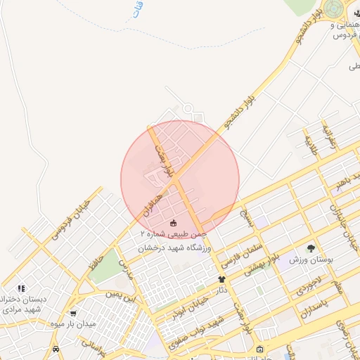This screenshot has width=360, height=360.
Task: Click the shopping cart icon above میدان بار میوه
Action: [x=74, y=314]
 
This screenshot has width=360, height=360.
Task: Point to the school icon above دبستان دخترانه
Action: [x=21, y=288]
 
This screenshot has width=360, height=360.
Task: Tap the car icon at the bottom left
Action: [x=56, y=349]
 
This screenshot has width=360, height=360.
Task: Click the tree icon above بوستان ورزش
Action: [x=311, y=248]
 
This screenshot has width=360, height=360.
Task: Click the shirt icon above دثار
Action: [x=221, y=280]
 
